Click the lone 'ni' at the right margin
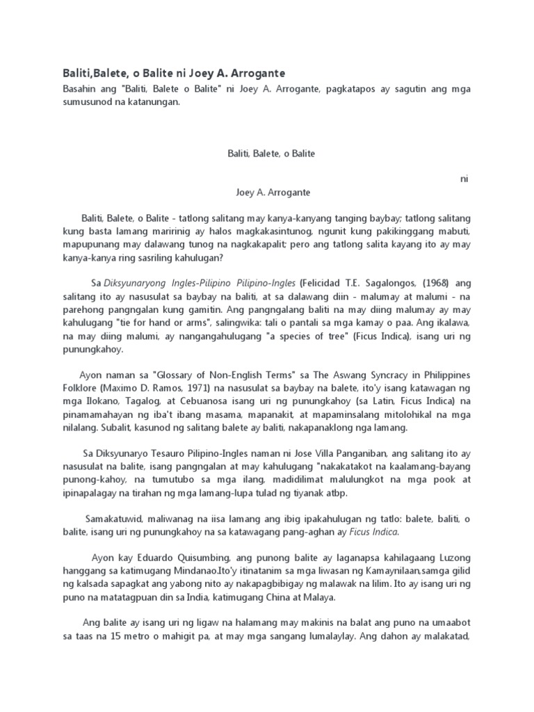click(x=464, y=179)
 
